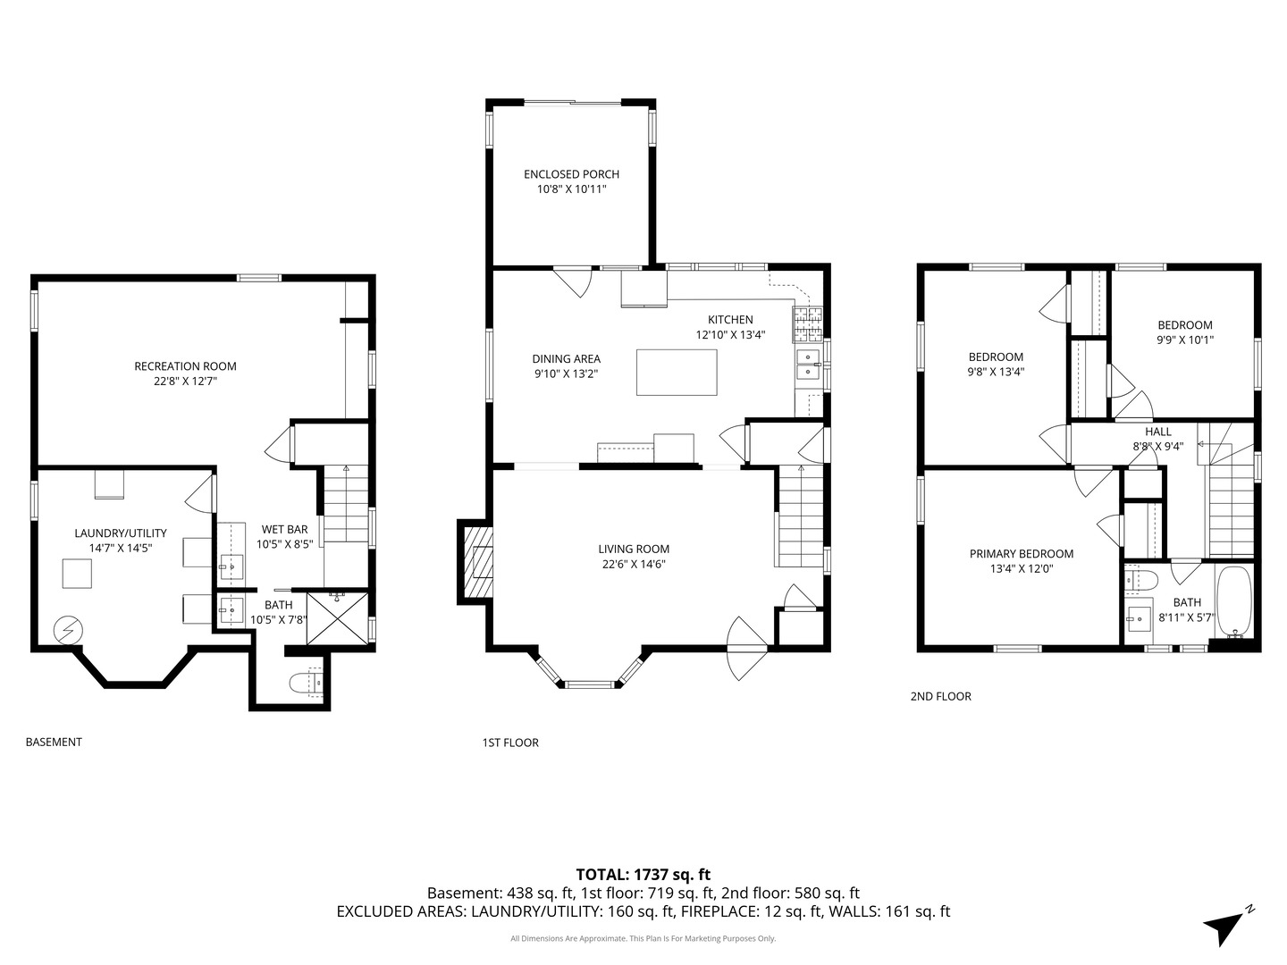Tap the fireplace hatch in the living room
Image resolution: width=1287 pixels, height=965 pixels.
click(x=478, y=560)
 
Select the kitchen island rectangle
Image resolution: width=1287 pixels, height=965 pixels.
click(x=677, y=372)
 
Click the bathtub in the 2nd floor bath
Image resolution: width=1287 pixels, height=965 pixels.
click(x=1235, y=601)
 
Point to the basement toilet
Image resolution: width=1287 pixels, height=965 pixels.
click(x=306, y=684)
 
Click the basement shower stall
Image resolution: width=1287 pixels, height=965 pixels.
click(x=338, y=618)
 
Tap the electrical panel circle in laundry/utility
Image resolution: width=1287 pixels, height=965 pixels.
click(x=68, y=631)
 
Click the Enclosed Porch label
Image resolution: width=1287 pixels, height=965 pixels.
click(x=571, y=174)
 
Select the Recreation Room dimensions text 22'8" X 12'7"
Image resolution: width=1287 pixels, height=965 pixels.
click(x=185, y=382)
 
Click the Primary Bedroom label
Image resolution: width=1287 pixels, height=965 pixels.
click(x=1022, y=554)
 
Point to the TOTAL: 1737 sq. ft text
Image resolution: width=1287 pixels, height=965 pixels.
click(x=643, y=874)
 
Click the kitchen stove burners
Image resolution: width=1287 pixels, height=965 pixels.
click(x=809, y=324)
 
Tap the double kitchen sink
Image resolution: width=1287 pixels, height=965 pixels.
click(x=809, y=365)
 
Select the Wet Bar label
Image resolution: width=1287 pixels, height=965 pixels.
click(x=284, y=529)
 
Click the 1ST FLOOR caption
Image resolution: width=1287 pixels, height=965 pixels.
click(x=510, y=743)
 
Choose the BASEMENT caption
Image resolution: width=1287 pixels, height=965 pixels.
click(x=54, y=742)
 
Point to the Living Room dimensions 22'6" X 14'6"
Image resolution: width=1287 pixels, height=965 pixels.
click(x=634, y=564)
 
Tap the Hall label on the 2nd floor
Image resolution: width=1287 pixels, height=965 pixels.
click(x=1158, y=432)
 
